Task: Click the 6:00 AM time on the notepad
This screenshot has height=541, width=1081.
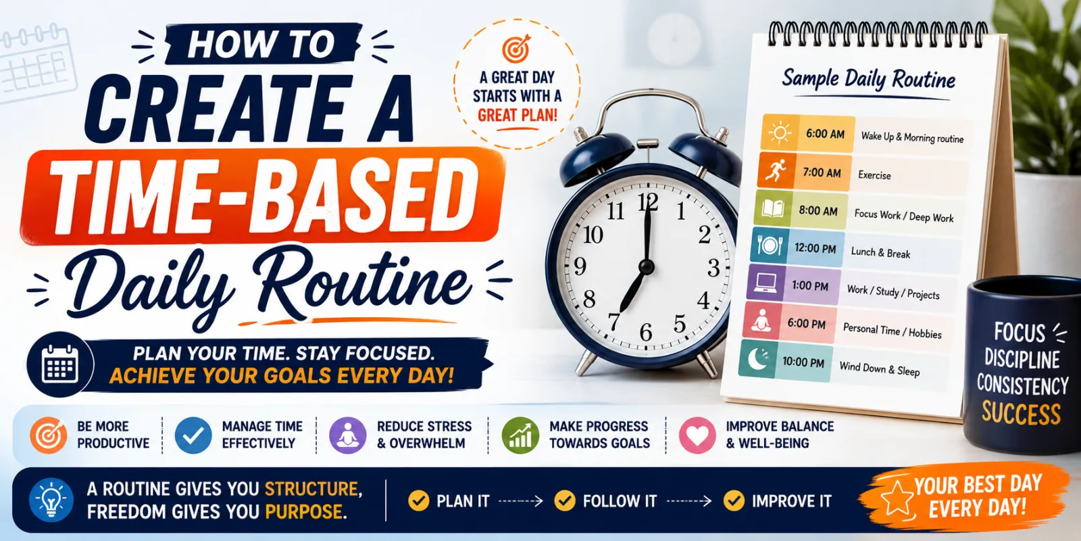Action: pos(825,134)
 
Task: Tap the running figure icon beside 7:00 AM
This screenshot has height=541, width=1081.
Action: pos(776,170)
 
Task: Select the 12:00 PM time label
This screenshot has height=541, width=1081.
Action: pos(815,248)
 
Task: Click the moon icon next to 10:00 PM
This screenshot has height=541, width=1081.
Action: pos(757,359)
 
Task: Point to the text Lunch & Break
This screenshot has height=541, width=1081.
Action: pos(880,252)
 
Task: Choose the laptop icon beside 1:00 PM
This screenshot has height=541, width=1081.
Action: pos(765,283)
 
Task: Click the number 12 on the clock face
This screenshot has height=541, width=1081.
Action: pos(648,202)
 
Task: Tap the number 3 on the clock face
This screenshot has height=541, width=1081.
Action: pos(713,268)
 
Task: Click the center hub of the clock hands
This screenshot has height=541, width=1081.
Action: pos(646,266)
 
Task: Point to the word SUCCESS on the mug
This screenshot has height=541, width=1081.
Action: pos(1021,413)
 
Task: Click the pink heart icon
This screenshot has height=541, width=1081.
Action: pos(697,436)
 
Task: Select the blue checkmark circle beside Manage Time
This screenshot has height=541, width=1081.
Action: pos(193,436)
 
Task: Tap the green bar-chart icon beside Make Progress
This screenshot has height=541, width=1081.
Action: pos(520,436)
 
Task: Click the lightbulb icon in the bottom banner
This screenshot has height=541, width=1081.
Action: pos(51,500)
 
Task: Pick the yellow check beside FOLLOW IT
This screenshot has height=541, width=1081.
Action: pos(565,501)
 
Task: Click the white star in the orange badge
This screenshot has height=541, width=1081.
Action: pos(897,498)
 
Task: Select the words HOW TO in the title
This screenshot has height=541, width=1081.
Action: pos(261,45)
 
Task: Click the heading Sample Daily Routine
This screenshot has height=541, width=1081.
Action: pos(869,79)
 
